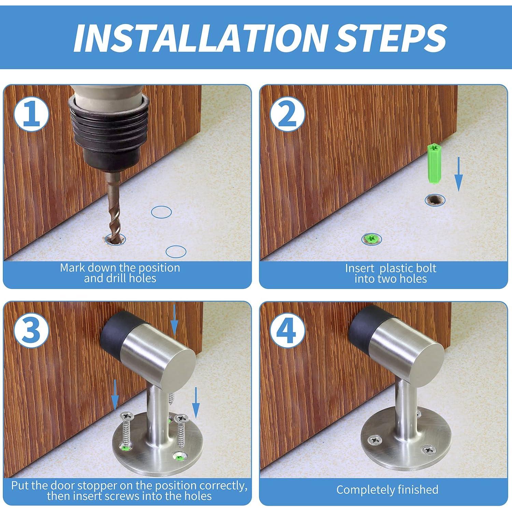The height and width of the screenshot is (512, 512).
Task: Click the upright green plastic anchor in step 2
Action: [433, 164]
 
